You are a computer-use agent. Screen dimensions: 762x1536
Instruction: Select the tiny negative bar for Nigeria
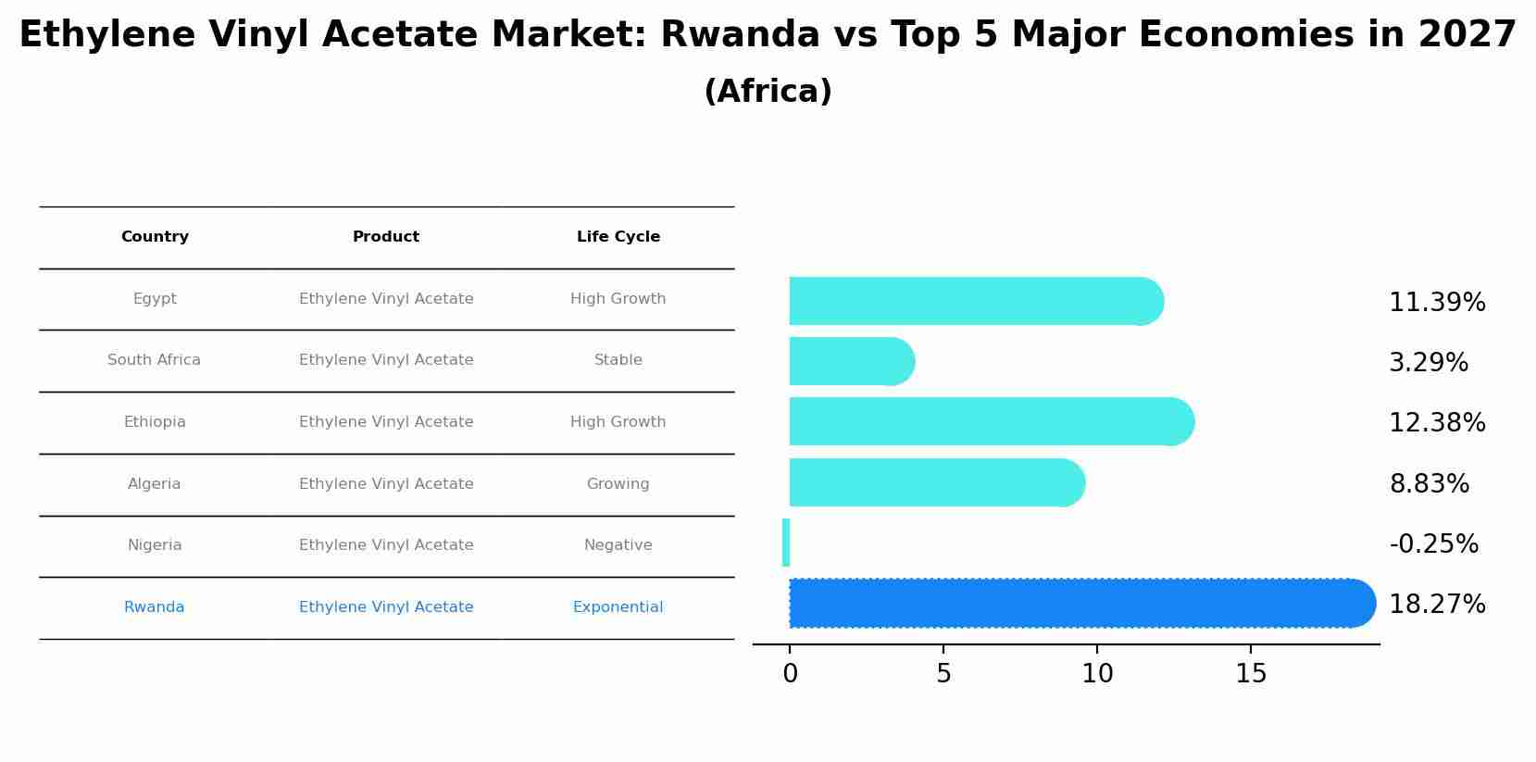point(786,543)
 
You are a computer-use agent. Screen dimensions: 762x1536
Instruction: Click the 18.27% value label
point(1437,605)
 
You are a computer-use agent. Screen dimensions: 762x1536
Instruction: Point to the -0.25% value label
point(1433,544)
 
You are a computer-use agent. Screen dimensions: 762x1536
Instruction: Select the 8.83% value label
point(1429,484)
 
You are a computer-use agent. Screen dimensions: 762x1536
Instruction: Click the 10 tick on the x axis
point(1097,674)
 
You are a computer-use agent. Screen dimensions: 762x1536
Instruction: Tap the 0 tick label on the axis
point(790,674)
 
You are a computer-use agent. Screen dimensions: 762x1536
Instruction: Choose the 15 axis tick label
point(1251,674)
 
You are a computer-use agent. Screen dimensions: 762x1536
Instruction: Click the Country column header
point(155,237)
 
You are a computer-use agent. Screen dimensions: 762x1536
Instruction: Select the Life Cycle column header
point(618,237)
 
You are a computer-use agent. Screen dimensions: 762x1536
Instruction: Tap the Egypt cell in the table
point(155,299)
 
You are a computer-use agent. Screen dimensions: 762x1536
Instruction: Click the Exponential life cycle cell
point(618,607)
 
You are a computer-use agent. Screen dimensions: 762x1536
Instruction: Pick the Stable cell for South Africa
point(618,360)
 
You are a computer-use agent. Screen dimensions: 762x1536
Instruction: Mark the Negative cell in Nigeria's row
point(618,545)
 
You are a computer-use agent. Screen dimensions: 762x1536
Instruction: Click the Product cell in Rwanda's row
point(386,607)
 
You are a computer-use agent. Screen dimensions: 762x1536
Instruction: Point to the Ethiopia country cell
point(155,422)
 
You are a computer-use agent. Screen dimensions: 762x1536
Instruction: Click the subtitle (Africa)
point(768,92)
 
